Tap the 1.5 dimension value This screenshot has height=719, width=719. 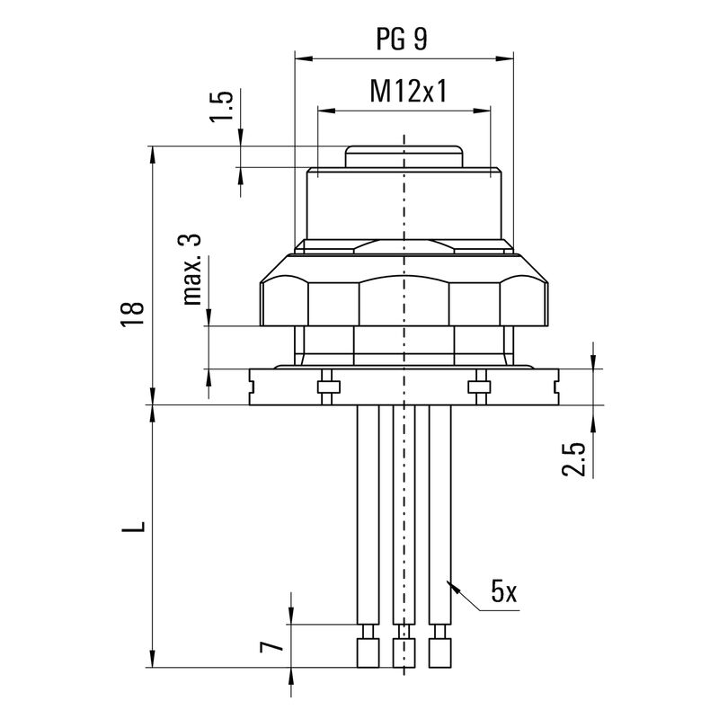click(226, 106)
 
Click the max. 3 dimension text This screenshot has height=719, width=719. click(191, 269)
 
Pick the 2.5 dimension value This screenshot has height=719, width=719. click(580, 457)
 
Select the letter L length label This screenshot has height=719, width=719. click(133, 523)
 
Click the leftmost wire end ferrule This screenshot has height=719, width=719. click(367, 652)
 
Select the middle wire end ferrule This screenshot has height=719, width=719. click(404, 652)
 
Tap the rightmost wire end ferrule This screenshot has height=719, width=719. click(439, 652)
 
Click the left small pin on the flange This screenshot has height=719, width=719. click(329, 386)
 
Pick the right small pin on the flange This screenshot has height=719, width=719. click(478, 386)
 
